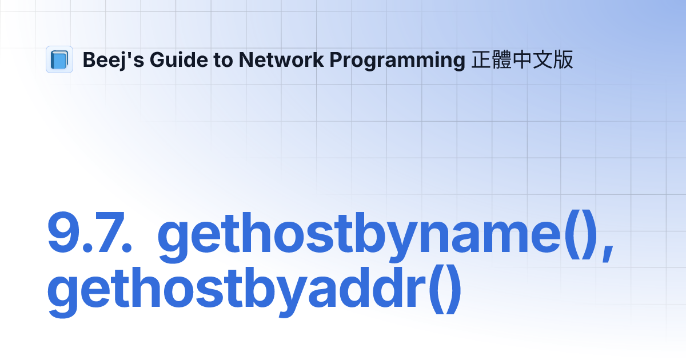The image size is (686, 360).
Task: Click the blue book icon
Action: tap(59, 59)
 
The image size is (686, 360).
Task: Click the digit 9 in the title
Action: tap(64, 234)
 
